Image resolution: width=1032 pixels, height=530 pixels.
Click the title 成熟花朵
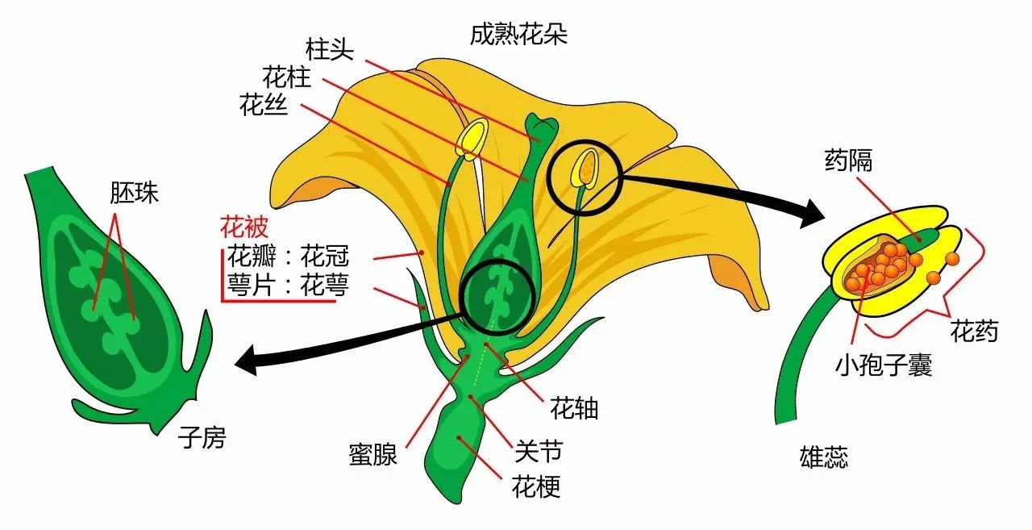tap(518, 35)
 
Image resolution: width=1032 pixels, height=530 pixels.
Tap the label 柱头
tap(330, 49)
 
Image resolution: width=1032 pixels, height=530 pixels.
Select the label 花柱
tap(286, 77)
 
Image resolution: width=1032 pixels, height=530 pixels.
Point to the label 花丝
tap(264, 105)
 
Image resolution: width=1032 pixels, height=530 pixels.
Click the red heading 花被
tap(243, 227)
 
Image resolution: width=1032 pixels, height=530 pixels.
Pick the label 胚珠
tap(134, 192)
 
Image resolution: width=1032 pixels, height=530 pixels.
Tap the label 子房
tap(202, 437)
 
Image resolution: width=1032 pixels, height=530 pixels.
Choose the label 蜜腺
tap(372, 455)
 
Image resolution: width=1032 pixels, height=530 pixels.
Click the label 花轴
tap(574, 408)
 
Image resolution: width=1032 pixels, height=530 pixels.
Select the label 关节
tap(539, 451)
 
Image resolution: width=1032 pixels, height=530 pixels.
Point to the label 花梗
tap(536, 486)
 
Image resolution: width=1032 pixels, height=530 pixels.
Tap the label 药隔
tap(848, 161)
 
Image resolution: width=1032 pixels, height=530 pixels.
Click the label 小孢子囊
tap(884, 365)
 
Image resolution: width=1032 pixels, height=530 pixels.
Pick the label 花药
tap(974, 331)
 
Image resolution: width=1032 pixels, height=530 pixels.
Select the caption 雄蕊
tap(824, 457)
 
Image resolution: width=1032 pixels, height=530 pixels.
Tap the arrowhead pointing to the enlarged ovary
tap(247, 361)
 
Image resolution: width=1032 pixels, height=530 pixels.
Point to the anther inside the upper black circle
tap(585, 168)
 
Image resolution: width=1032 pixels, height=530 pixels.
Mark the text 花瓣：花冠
tap(288, 257)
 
